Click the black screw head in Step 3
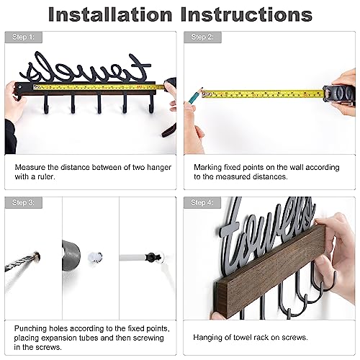[150, 257]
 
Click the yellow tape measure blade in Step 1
[94, 87]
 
